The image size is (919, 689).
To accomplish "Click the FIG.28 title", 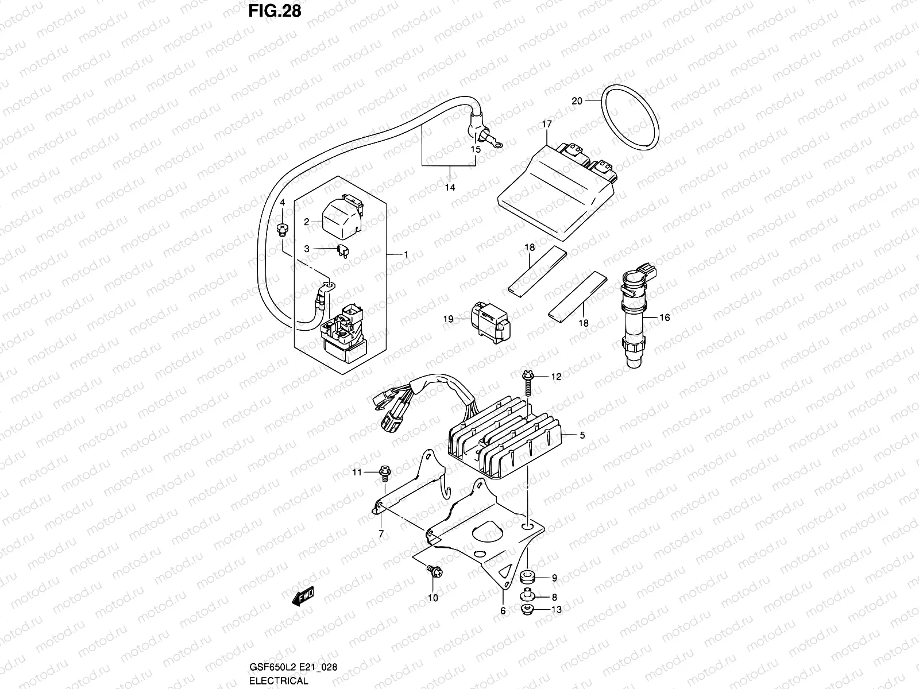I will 275,11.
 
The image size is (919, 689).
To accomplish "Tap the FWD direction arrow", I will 303,598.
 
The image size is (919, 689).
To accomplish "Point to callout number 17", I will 546,124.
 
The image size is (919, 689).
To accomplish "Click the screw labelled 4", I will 282,229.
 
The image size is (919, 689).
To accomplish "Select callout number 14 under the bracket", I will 450,187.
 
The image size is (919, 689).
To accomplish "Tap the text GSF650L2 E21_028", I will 293,667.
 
